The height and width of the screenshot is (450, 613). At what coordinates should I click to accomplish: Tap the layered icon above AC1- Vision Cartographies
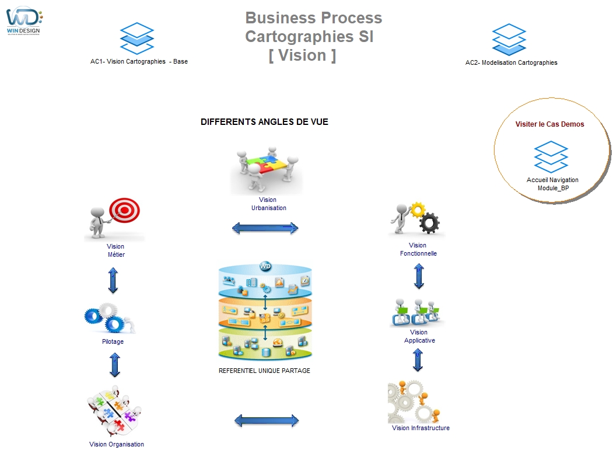click(136, 39)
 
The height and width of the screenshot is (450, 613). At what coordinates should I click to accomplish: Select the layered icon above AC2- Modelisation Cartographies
click(509, 39)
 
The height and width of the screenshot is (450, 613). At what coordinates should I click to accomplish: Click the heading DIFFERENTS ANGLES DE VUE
click(264, 122)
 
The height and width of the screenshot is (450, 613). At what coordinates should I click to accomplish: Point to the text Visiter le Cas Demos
click(549, 124)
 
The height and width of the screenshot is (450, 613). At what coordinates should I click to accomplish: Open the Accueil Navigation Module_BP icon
click(551, 157)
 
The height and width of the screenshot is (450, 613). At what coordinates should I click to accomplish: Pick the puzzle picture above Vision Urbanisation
click(267, 170)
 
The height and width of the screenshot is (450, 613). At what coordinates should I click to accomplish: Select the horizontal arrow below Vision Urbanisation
click(265, 228)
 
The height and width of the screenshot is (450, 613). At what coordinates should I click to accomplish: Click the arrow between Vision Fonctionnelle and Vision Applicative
click(419, 276)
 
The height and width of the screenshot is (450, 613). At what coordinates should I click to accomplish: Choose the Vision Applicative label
click(419, 336)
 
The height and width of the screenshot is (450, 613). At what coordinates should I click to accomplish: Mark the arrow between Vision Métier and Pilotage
click(113, 280)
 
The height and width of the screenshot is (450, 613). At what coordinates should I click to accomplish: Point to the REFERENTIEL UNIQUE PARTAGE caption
click(264, 371)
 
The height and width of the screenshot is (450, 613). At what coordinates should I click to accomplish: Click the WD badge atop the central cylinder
click(265, 267)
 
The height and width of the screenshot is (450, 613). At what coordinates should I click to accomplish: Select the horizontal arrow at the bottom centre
click(267, 420)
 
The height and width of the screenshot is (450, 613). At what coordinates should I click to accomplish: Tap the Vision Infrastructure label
click(421, 428)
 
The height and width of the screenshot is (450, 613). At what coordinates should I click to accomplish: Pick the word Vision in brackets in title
click(302, 55)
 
